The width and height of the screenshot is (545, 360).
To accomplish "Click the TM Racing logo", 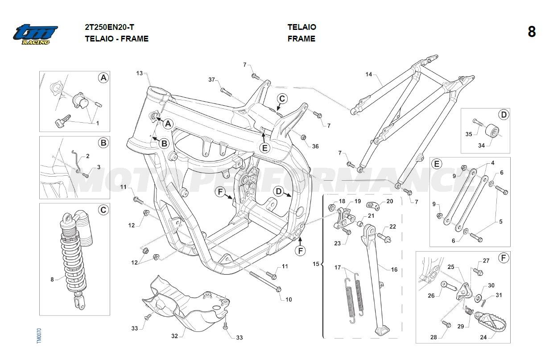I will [x=35, y=34].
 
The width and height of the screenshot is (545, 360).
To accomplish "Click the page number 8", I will [x=531, y=32].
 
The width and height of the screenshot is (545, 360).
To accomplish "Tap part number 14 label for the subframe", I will [x=368, y=74].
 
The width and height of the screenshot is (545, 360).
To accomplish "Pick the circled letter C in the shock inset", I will [x=103, y=210].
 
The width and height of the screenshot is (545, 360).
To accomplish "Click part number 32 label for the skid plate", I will [x=174, y=335].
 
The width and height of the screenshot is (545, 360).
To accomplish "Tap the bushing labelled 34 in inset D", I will [x=492, y=132].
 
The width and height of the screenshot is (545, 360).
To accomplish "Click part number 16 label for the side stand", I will [x=394, y=269].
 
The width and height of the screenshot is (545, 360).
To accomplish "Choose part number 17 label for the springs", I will [x=338, y=268].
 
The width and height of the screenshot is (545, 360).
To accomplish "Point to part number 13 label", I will [x=140, y=73].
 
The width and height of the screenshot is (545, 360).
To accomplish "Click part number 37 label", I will [x=212, y=80].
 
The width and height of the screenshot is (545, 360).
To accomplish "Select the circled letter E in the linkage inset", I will [x=437, y=164].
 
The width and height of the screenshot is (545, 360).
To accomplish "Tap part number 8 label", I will [x=52, y=279].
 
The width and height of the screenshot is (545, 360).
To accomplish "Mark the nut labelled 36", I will [x=304, y=136].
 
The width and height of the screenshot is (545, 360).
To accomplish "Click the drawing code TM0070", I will [x=39, y=335].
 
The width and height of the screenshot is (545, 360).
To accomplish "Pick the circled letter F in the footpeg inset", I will [x=503, y=258].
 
